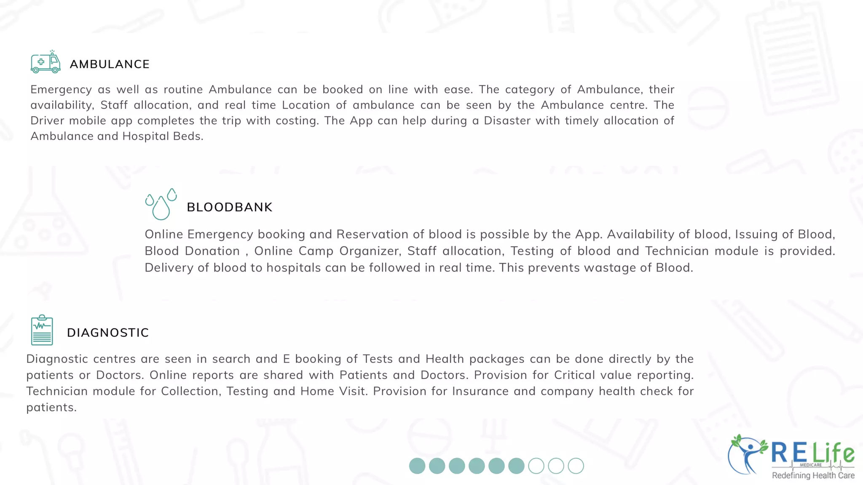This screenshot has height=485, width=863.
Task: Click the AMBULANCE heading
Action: (x=110, y=64)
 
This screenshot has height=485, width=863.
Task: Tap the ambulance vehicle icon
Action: (x=46, y=62)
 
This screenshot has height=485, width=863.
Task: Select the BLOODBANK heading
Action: (x=230, y=207)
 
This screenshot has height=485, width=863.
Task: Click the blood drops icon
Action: (x=161, y=204)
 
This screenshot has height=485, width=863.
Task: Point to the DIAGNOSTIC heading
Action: (x=108, y=333)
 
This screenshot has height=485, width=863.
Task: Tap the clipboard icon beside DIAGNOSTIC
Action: (x=42, y=330)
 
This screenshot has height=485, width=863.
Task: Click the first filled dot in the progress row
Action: (x=417, y=466)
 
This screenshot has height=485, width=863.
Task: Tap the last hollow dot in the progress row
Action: (x=576, y=466)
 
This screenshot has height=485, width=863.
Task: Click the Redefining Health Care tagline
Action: (x=813, y=476)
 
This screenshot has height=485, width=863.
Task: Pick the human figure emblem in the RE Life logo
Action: (x=748, y=455)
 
